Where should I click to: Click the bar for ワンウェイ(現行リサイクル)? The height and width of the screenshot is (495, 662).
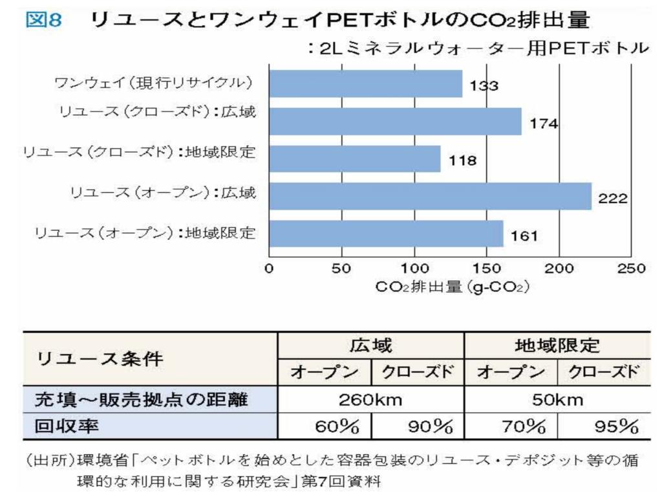pyautogui.click(x=365, y=83)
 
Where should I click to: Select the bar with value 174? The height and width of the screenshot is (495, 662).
pyautogui.click(x=395, y=121)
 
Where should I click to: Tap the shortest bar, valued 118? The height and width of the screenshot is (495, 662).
pyautogui.click(x=354, y=159)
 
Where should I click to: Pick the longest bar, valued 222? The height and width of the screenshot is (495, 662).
pyautogui.click(x=430, y=196)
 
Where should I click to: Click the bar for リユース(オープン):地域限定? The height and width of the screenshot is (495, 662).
pyautogui.click(x=386, y=234)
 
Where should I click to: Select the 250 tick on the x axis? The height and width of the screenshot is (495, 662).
pyautogui.click(x=631, y=269)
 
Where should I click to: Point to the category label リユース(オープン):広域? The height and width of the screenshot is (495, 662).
pyautogui.click(x=164, y=193)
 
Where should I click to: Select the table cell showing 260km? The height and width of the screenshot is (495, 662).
pyautogui.click(x=370, y=400)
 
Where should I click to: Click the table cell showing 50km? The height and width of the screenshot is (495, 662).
pyautogui.click(x=557, y=400)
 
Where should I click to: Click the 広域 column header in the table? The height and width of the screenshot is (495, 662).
pyautogui.click(x=370, y=346)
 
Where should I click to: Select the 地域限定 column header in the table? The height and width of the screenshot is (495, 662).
pyautogui.click(x=557, y=346)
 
